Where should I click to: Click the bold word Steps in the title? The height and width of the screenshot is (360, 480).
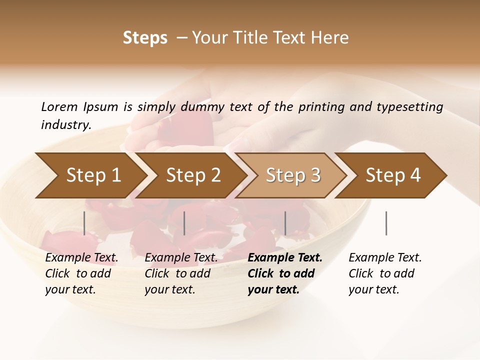point(145,38)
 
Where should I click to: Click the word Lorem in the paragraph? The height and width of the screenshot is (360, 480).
point(59,107)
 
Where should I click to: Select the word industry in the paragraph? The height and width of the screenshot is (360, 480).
point(65,125)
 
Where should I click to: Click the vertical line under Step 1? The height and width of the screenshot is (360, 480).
point(84,223)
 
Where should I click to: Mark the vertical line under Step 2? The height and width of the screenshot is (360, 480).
point(184,223)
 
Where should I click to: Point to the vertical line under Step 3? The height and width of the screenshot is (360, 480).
point(285,223)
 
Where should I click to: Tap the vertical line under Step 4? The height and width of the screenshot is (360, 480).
point(386,223)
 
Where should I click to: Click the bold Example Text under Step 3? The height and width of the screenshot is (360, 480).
point(285,258)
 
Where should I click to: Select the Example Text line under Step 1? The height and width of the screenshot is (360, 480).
point(81,258)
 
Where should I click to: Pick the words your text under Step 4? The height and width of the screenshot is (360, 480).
point(373,290)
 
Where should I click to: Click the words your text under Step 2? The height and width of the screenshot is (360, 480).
point(169,290)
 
